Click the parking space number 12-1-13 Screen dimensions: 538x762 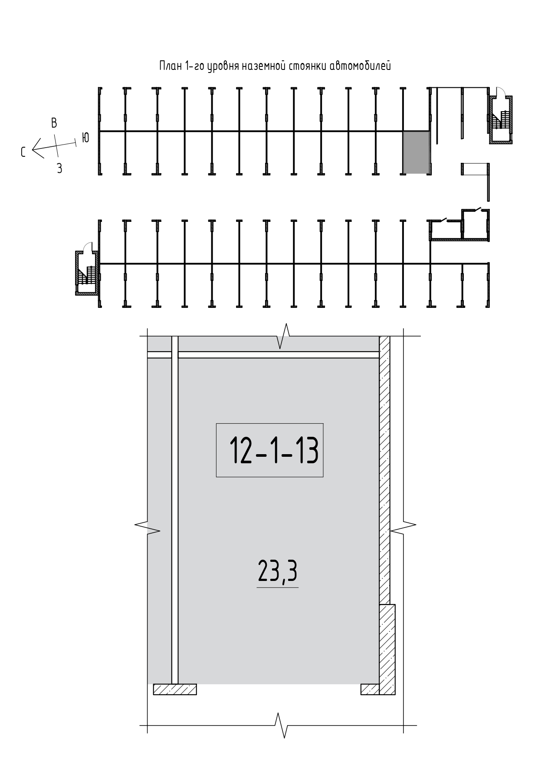tap(273, 450)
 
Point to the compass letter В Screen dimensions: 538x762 tap(54, 123)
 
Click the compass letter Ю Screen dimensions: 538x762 tap(85, 138)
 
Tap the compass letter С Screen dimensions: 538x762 tap(23, 152)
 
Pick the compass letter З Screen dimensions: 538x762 tap(59, 168)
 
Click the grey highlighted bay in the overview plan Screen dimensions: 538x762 tap(417, 152)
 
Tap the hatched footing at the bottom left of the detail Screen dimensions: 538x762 tap(175, 689)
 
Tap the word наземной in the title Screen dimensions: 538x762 tap(264, 66)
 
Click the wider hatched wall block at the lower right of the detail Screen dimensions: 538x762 tap(387, 649)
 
